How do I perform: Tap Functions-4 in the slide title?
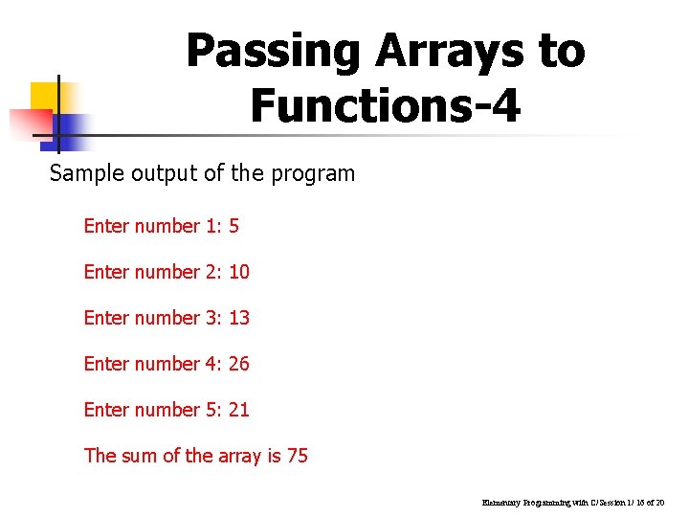386,105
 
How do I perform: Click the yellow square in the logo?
45,98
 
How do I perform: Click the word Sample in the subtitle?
80,174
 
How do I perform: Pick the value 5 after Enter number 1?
233,226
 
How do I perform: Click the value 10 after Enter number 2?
239,272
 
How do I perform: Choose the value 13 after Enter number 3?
239,318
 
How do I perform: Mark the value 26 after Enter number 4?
239,364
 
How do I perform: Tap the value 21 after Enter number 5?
239,410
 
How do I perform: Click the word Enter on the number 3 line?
107,318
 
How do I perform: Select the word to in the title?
561,51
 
